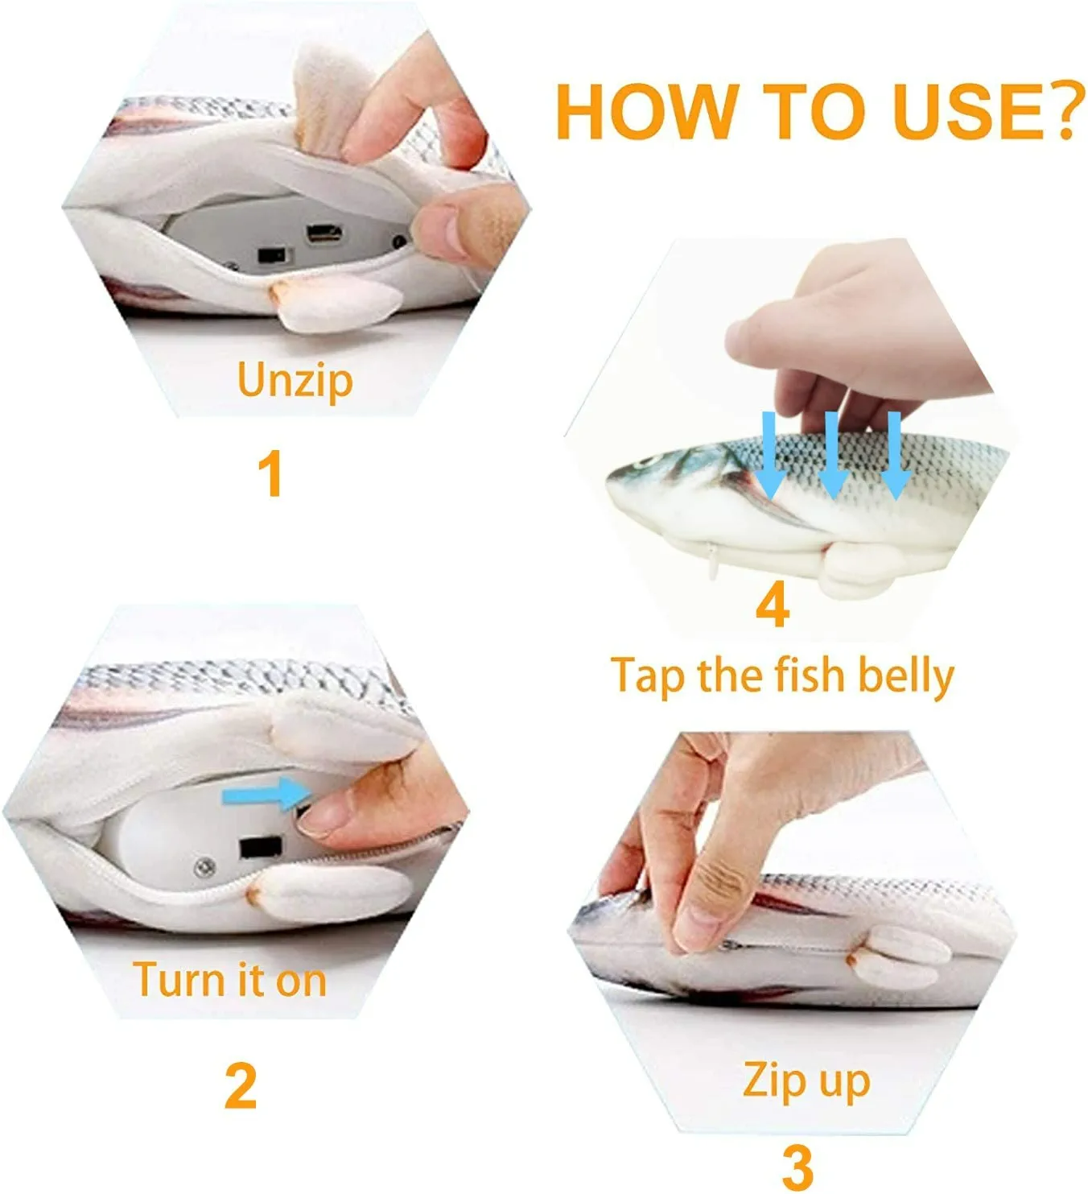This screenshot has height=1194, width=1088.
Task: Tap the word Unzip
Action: [295, 380]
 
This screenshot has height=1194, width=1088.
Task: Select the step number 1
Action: [270, 474]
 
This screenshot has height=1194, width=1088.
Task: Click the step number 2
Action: [241, 1086]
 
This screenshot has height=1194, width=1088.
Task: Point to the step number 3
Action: [797, 1165]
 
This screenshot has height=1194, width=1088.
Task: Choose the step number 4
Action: [772, 605]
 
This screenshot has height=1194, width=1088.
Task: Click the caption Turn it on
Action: [230, 980]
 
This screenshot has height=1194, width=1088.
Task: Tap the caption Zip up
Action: [806, 1080]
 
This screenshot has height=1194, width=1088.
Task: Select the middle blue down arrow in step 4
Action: [832, 456]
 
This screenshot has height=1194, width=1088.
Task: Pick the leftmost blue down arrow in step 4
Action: [770, 456]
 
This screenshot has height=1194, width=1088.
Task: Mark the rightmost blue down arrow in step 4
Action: [894, 456]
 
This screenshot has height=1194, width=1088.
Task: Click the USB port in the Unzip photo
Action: [324, 235]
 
